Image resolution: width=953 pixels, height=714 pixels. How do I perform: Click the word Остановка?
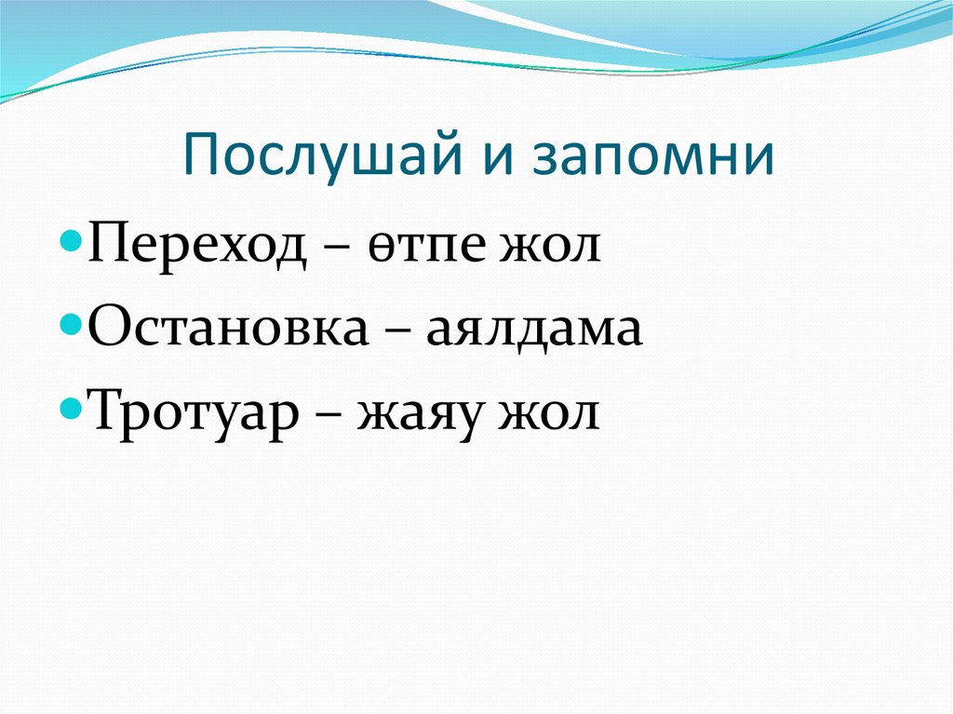229,329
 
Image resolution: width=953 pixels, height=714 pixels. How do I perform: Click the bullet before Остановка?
77,325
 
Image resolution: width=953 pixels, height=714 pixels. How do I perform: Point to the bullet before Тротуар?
77,405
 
